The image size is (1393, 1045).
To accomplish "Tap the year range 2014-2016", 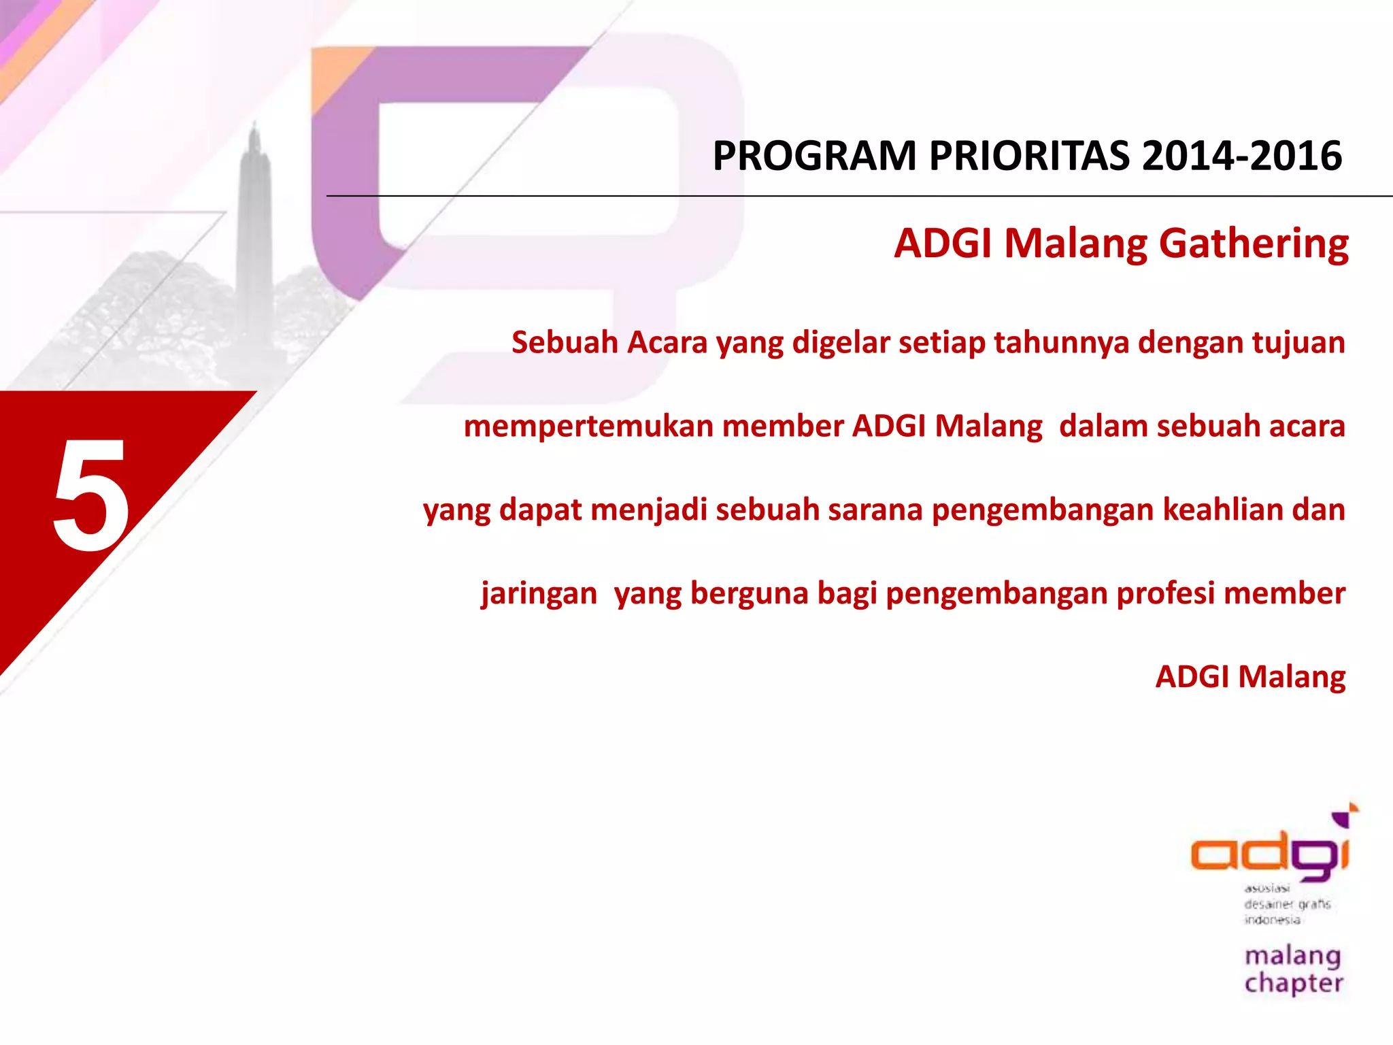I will point(1241,156).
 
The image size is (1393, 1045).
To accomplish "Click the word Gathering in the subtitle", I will point(1254,244).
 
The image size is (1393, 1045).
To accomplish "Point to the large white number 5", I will point(91,495).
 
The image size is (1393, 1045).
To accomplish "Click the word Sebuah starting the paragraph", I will point(565,342).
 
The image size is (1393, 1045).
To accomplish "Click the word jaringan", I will point(539,593).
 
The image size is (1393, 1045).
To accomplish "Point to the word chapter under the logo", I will point(1294,984).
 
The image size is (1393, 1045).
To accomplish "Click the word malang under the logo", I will point(1292,957).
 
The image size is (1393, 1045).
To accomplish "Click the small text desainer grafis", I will point(1287,904).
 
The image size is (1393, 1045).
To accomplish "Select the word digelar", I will point(841,342).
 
